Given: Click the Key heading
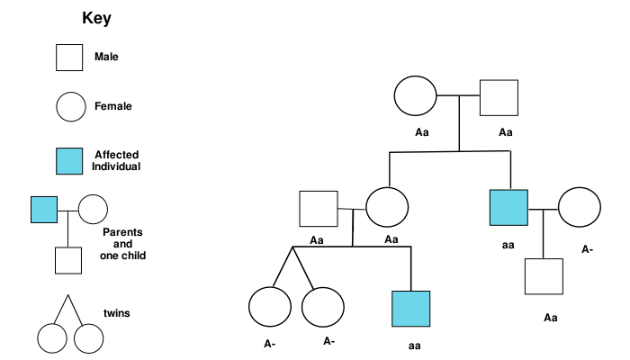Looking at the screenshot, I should [97, 18].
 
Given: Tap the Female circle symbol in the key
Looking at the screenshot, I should [69, 107].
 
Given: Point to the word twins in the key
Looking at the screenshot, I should [117, 313].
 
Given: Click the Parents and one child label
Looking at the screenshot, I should [122, 243].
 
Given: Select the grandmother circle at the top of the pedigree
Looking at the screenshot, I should [415, 96].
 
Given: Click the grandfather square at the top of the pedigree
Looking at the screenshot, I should [499, 97].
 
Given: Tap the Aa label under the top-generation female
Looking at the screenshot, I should [421, 132].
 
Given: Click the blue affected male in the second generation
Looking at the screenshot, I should [509, 209].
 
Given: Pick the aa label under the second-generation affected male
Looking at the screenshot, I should [509, 243].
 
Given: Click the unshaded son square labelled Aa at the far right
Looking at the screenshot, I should [544, 276].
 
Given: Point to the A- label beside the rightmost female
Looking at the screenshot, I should [587, 249].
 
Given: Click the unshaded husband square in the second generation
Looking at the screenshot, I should [319, 209].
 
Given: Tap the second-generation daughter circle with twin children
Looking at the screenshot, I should [386, 209].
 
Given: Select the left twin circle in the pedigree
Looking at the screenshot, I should [269, 308].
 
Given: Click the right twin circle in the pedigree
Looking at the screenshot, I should [323, 308].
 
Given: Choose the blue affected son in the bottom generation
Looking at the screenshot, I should [411, 309].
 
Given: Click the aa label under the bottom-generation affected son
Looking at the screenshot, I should [414, 344].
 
